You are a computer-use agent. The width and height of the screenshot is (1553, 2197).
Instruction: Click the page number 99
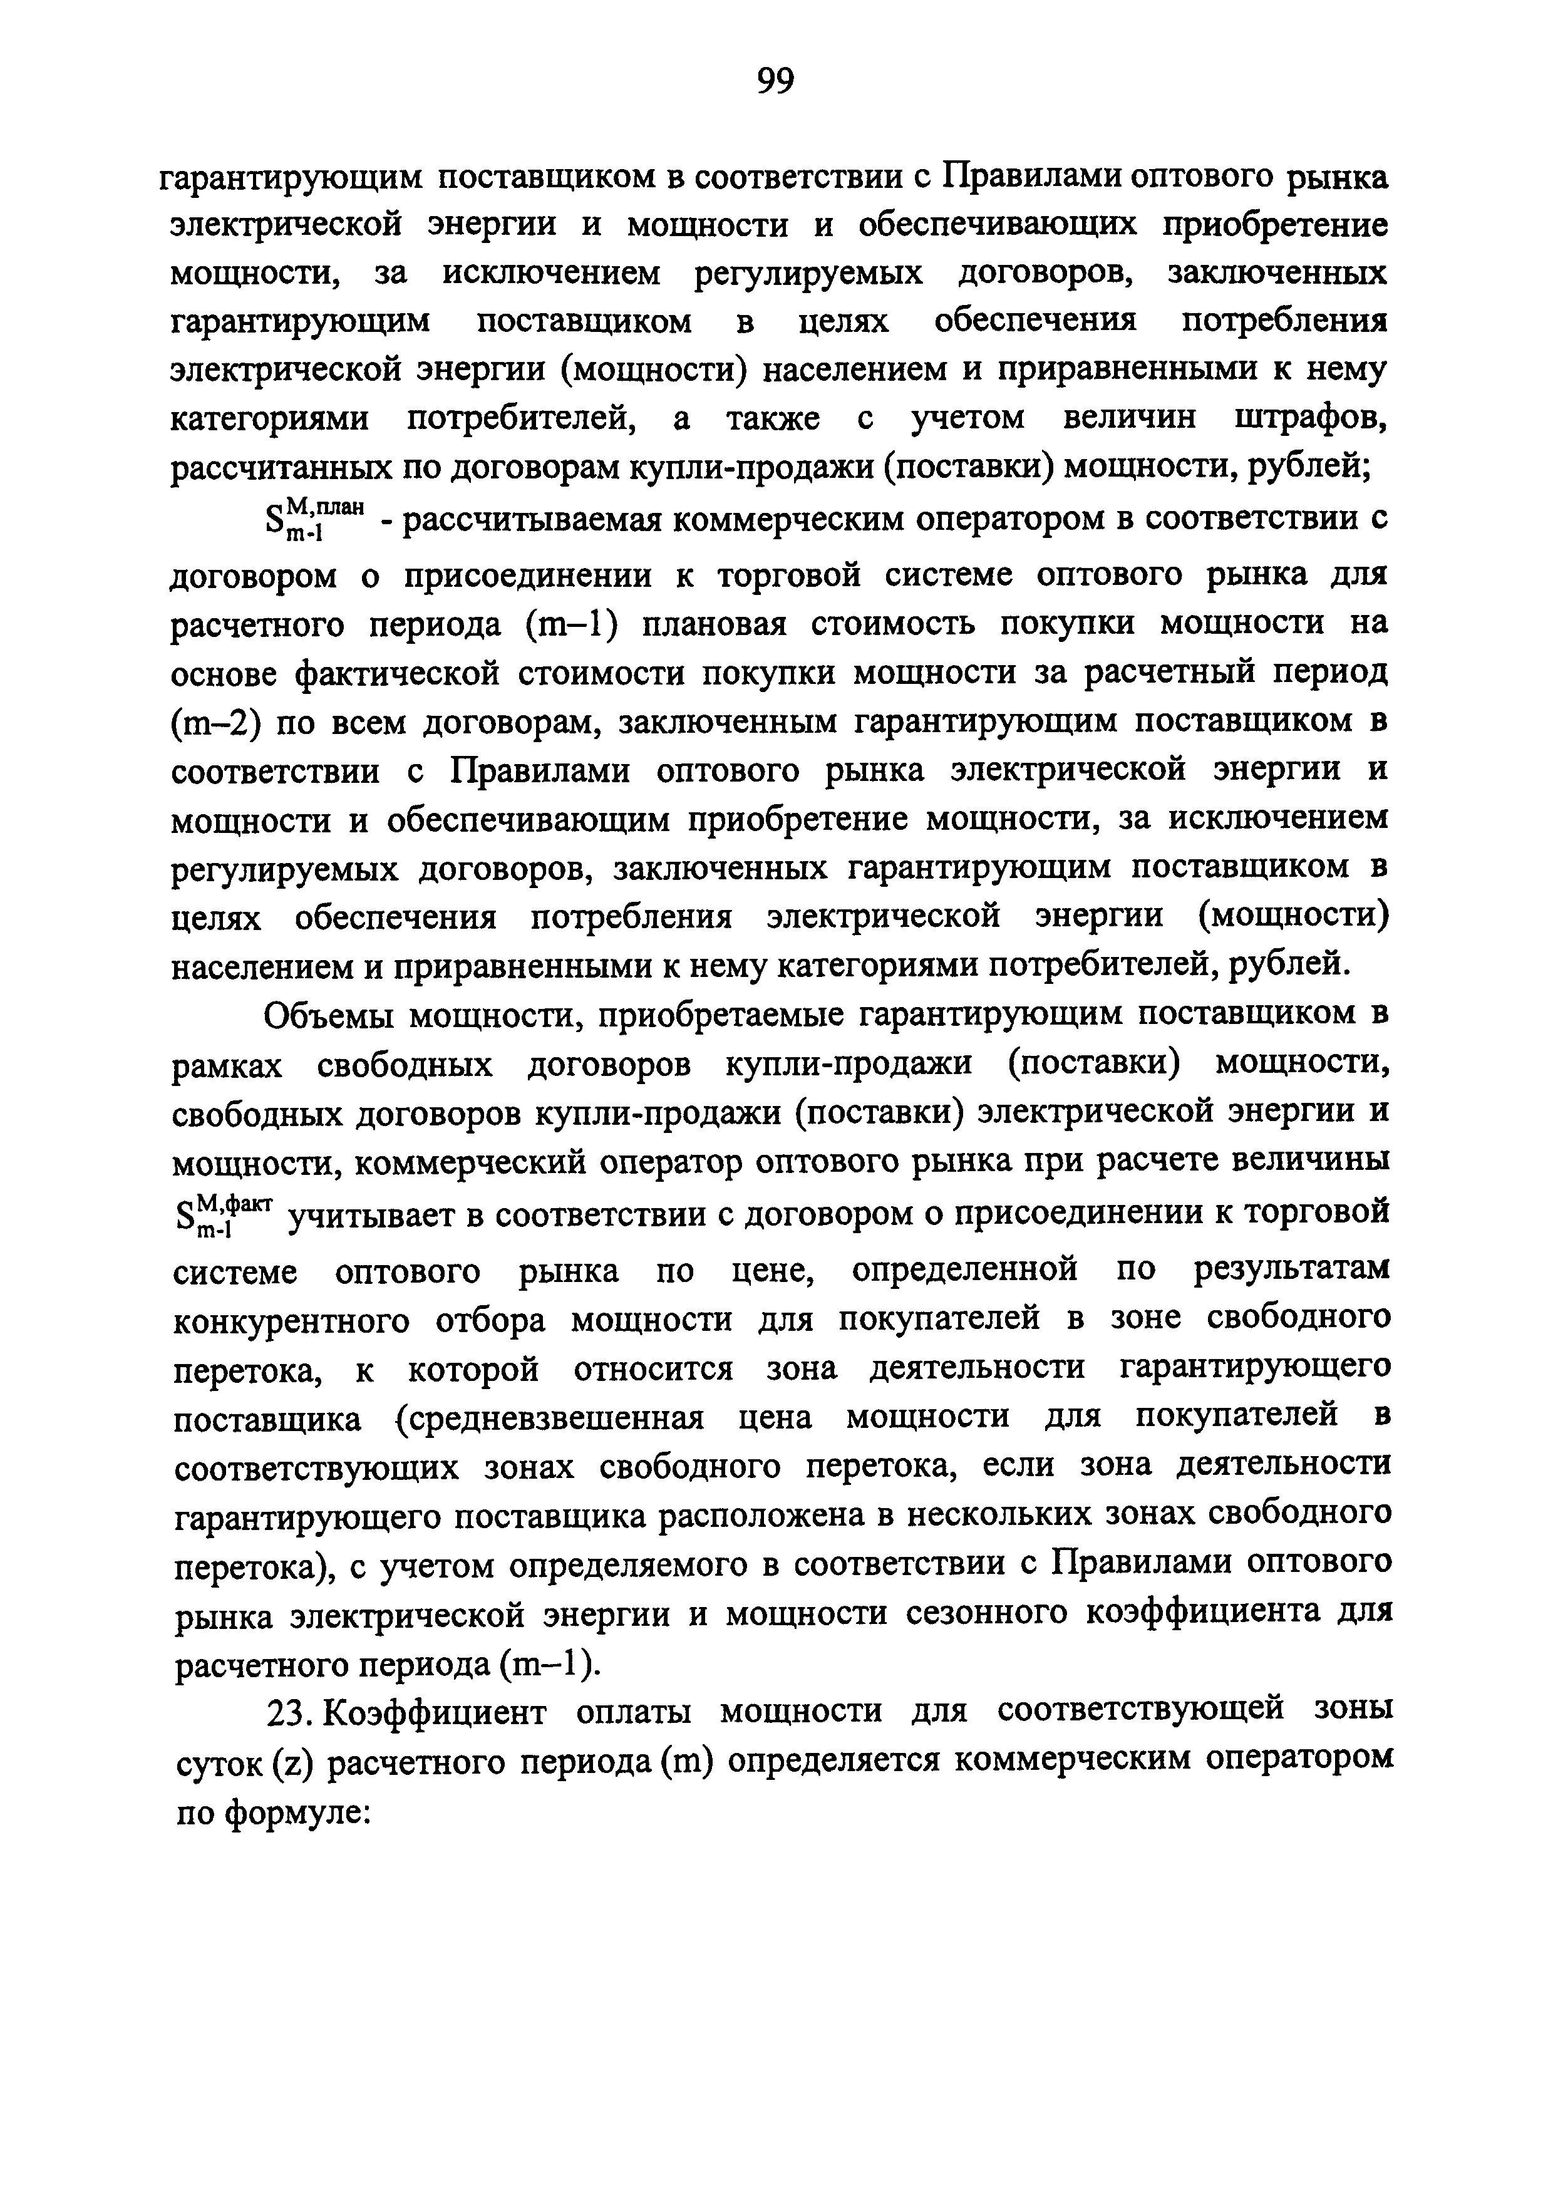tap(775, 82)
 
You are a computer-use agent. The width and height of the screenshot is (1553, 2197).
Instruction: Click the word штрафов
tap(1311, 418)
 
